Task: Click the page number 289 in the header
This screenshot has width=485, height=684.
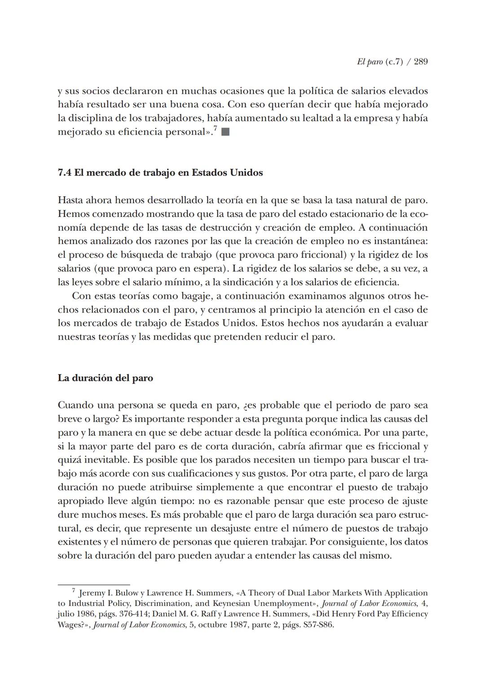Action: (420, 62)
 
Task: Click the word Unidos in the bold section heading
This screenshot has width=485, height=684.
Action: (246, 172)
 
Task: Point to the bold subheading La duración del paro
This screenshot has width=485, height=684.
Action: (105, 378)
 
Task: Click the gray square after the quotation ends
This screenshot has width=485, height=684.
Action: (225, 132)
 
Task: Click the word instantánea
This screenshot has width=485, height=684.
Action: (400, 241)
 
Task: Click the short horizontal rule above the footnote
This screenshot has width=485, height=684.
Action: (93, 585)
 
